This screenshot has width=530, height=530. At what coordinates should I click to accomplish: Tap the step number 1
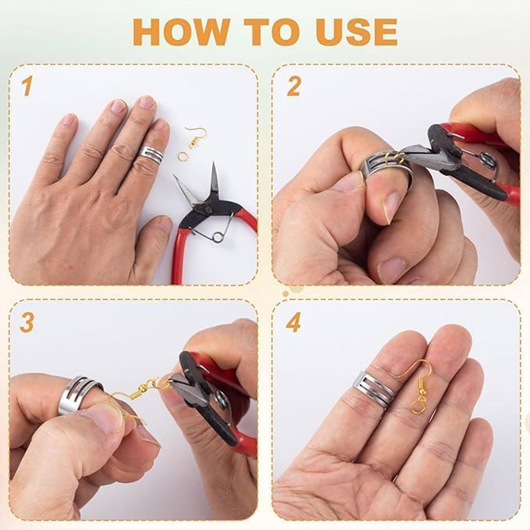click(x=26, y=87)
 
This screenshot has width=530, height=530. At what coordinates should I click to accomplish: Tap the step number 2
click(x=293, y=87)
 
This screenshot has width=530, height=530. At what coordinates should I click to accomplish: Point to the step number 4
click(x=294, y=323)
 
